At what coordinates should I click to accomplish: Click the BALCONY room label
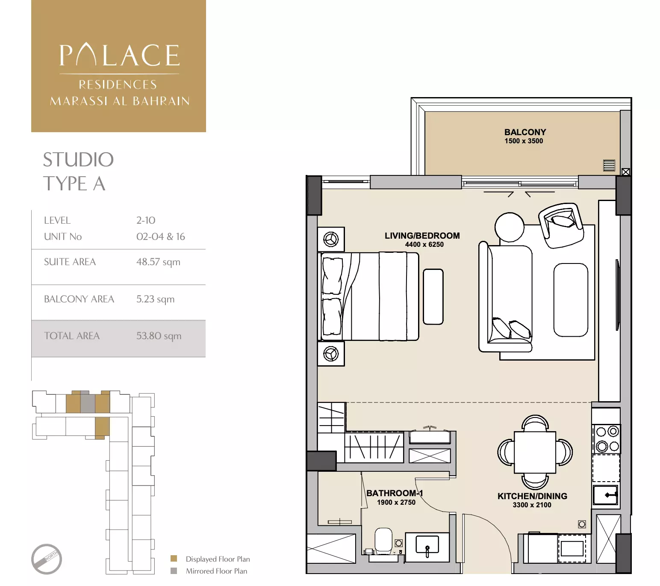tap(525, 132)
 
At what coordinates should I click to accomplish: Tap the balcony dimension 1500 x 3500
tap(524, 141)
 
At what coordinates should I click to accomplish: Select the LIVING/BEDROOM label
tap(422, 236)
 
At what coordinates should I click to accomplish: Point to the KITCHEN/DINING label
tap(532, 496)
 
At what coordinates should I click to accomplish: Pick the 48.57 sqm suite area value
tap(158, 262)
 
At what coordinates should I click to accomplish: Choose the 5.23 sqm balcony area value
tap(155, 299)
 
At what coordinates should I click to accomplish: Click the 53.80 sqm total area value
tap(159, 336)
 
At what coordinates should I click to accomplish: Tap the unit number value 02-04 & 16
tap(160, 237)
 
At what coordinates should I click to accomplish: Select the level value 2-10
tap(146, 220)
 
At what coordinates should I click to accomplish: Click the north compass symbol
tap(47, 559)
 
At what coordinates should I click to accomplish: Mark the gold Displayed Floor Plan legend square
tap(174, 559)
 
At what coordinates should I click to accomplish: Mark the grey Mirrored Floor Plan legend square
tap(174, 571)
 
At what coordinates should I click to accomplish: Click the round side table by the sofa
tap(509, 227)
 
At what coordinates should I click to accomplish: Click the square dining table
tap(535, 452)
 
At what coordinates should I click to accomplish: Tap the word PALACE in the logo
tap(119, 56)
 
